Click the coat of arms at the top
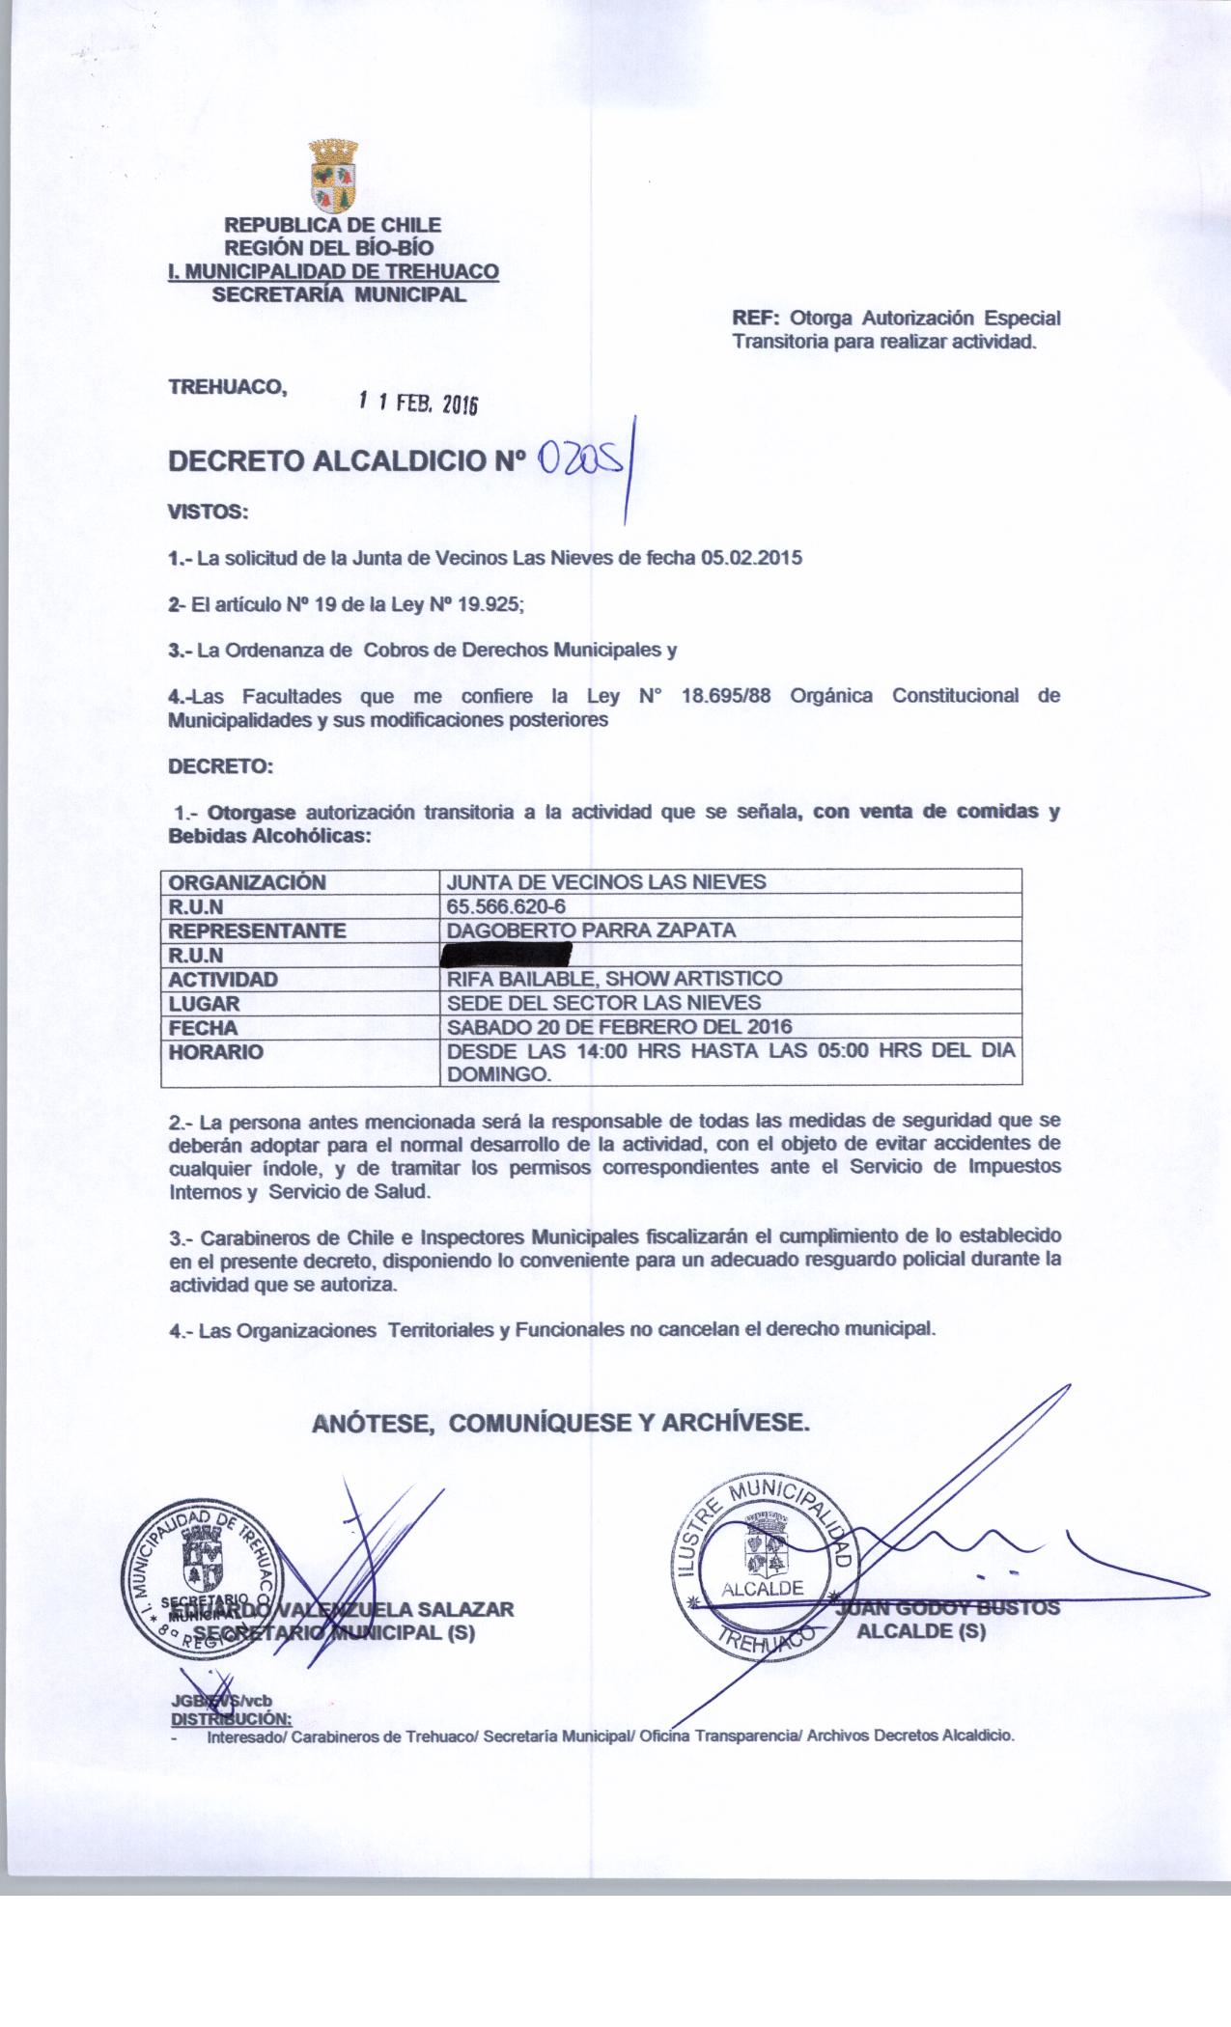tap(333, 176)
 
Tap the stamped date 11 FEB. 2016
tap(418, 403)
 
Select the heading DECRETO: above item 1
tap(221, 767)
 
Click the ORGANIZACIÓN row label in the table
tap(247, 882)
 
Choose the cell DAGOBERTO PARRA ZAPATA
tap(591, 930)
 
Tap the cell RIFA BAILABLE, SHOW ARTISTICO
tap(614, 979)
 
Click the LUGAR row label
tap(204, 1004)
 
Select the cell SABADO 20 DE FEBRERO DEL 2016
tap(619, 1028)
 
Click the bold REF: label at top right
tap(757, 319)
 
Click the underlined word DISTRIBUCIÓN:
tap(231, 1719)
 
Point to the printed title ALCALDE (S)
tap(921, 1632)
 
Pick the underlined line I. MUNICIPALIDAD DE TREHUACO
tap(333, 272)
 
